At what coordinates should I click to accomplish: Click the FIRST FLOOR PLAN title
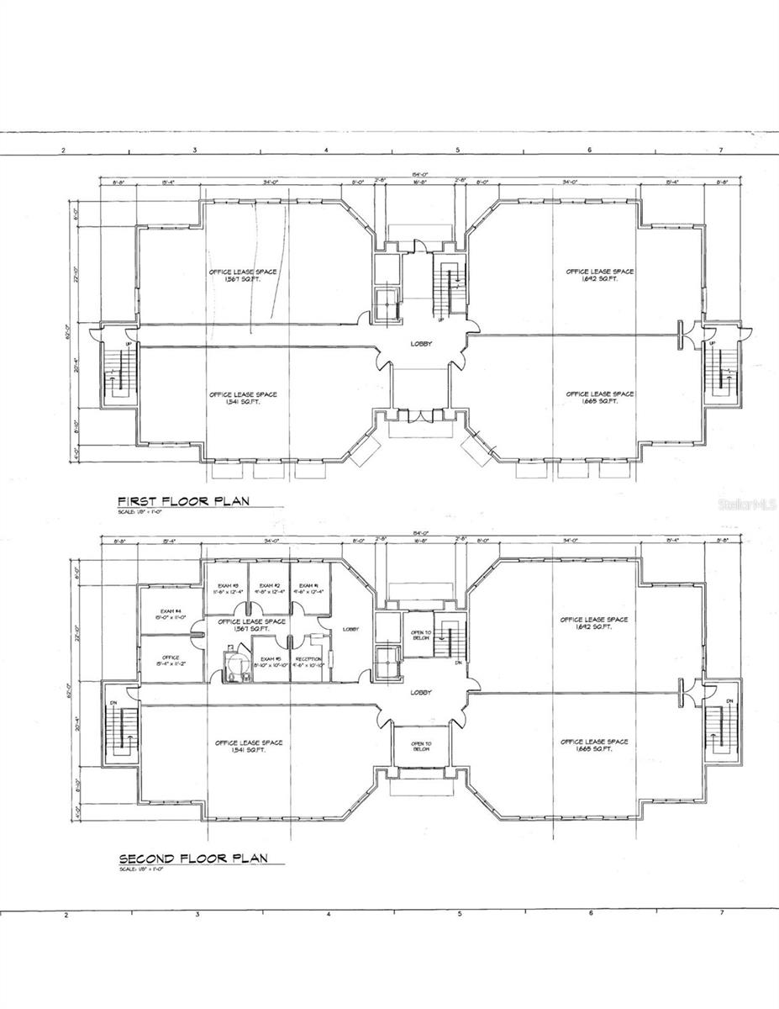[x=183, y=500]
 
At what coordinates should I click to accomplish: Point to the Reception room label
[x=309, y=662]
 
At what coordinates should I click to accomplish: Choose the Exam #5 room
[x=271, y=662]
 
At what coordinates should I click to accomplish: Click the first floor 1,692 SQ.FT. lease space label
[x=599, y=275]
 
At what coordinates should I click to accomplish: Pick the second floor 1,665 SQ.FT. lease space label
[x=594, y=745]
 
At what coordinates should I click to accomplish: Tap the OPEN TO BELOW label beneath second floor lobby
[x=421, y=746]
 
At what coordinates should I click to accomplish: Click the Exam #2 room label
[x=269, y=589]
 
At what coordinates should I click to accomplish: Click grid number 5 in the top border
[x=457, y=150]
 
